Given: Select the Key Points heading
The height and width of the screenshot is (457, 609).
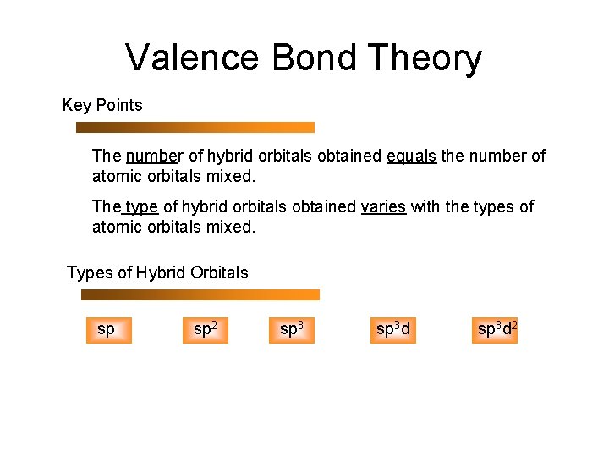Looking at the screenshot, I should coord(102,106).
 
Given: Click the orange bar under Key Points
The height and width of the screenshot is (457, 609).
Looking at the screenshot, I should coord(195,127).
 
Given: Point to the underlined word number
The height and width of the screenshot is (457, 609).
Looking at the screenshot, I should coord(154,157).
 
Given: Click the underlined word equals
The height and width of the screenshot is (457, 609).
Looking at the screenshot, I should coord(411,157).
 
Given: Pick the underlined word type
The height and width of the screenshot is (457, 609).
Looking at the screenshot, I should coord(142,207).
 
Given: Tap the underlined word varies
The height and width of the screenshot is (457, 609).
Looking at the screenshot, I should coord(383,207).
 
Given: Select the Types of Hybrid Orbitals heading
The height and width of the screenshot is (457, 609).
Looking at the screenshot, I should coord(157,273).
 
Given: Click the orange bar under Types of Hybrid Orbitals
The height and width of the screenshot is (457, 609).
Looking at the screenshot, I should coord(200,295).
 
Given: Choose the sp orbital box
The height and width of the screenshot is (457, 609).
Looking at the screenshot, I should coord(107,329).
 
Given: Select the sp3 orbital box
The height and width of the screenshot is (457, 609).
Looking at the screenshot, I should coord(292,329).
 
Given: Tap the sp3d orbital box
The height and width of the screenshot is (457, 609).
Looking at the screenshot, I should coord(393,329).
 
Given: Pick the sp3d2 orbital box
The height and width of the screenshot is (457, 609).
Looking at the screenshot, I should coord(497,329).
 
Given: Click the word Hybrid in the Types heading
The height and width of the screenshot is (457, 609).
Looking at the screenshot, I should coord(162,273).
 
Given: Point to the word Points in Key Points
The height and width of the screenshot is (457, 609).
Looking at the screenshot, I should coord(119,106).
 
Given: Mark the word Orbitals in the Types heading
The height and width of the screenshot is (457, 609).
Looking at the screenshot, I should coord(219,273).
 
